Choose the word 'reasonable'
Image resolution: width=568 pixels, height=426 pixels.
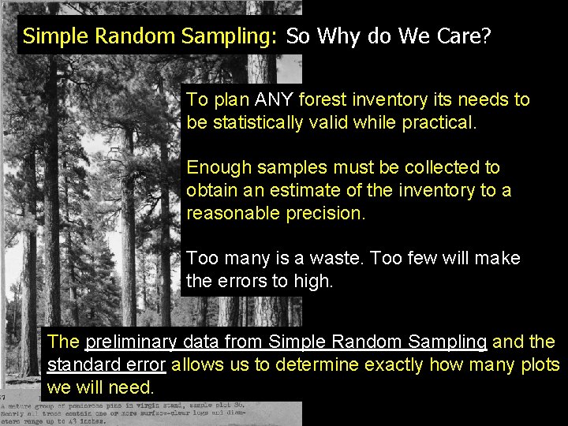[237, 213]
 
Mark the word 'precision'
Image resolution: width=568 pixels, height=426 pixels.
[328, 213]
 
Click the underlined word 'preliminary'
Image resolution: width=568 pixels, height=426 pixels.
[131, 342]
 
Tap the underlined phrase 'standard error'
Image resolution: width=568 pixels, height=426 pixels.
[106, 364]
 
